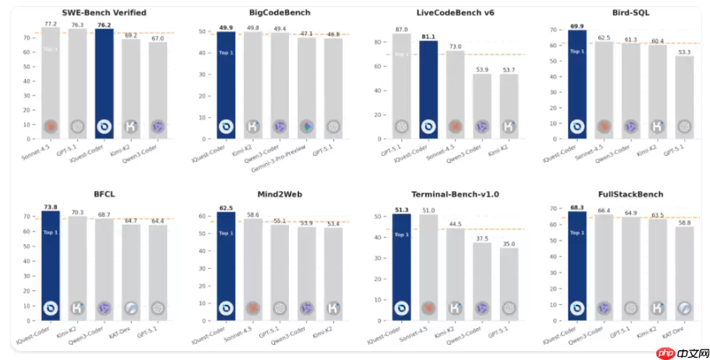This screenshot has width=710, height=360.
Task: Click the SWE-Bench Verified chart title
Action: coord(104,13)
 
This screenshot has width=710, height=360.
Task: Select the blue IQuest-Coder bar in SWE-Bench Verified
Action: coord(104,84)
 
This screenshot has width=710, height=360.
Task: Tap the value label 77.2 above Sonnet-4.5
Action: coord(51,23)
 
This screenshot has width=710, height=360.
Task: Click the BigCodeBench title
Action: coord(280,13)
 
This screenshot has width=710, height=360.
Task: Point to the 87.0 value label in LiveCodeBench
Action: coord(401,29)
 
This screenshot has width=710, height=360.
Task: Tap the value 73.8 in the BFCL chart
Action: coord(51,207)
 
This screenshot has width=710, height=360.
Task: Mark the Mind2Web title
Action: coord(280,195)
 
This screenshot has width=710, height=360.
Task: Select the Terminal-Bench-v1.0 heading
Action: coord(455,195)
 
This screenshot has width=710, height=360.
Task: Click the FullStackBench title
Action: coord(631,195)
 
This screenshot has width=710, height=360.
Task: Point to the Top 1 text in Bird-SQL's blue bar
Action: coord(577,51)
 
